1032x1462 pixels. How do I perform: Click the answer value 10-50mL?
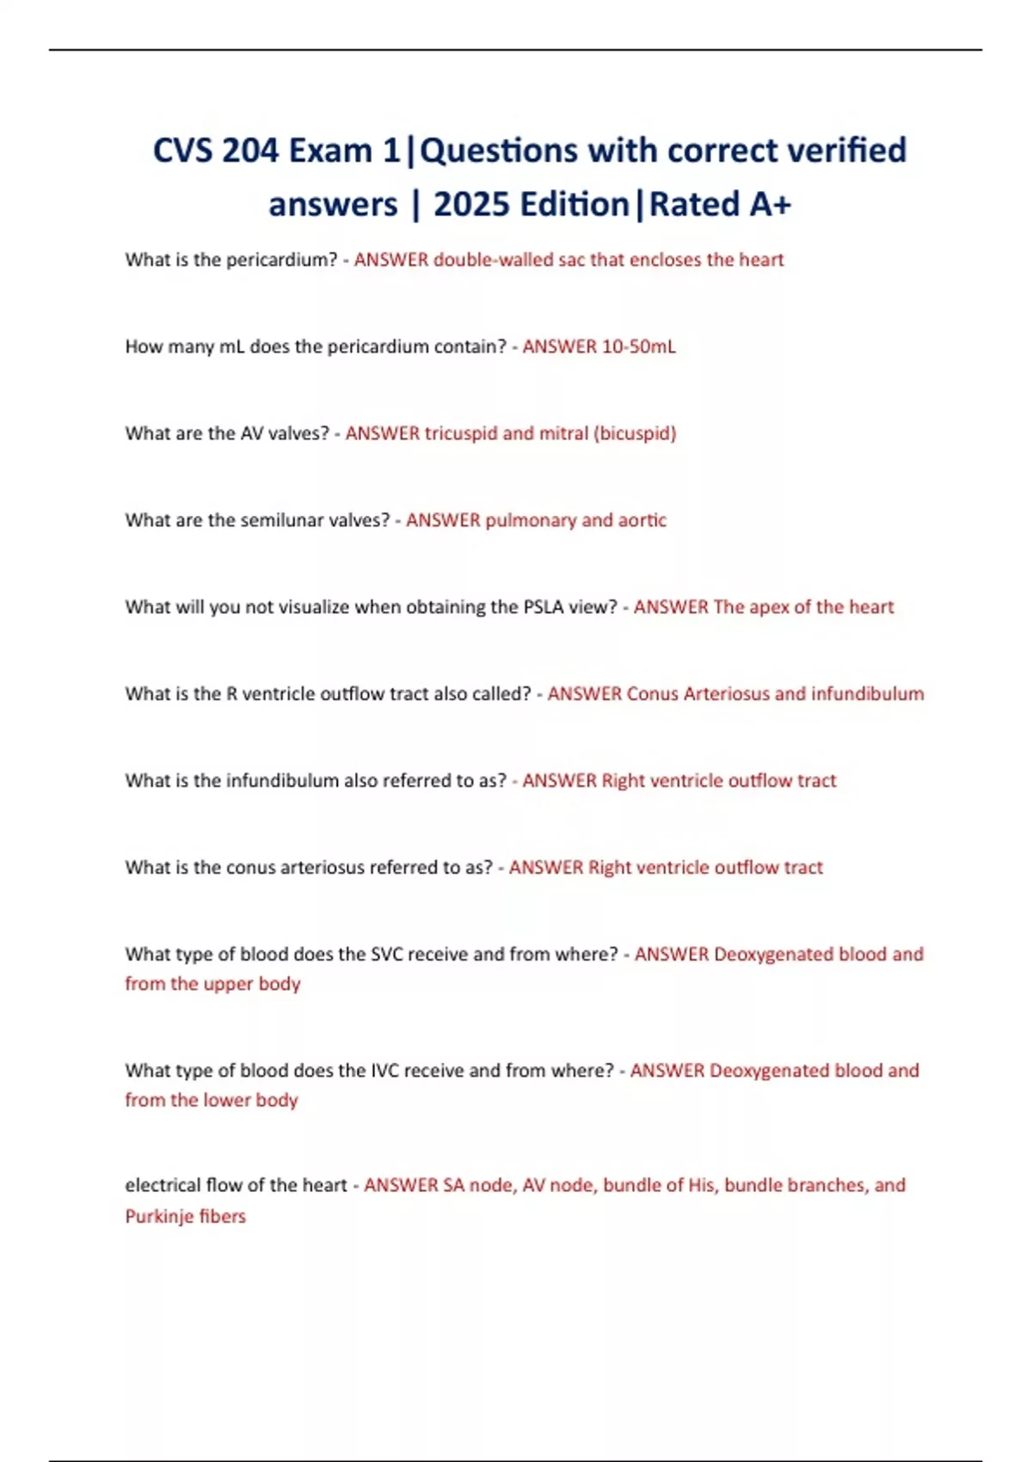coord(637,347)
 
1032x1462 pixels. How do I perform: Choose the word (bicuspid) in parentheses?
coord(635,433)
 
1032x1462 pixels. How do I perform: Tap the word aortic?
coord(642,520)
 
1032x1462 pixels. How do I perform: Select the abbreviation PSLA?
coord(544,607)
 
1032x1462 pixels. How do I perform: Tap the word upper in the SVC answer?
coord(228,984)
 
